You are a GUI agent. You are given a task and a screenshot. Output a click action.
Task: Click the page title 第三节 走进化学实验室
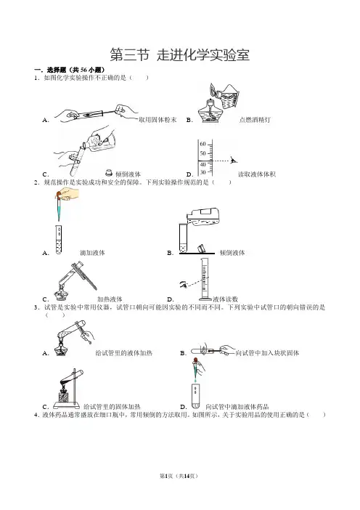point(180,54)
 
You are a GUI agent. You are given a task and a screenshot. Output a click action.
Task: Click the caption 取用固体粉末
point(157,120)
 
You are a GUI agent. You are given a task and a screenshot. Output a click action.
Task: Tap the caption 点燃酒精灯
point(255,120)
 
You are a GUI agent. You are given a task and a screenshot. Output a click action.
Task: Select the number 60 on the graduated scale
point(202,144)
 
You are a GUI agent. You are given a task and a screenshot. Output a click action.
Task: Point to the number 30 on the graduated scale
point(202,172)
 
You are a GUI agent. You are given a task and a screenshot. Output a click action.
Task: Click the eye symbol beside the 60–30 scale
point(233,160)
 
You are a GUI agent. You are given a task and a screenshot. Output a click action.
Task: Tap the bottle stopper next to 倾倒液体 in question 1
point(109,173)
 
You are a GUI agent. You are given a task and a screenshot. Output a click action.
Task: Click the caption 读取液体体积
point(257,174)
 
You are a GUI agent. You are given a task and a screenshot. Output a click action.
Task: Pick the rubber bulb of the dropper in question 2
point(59,195)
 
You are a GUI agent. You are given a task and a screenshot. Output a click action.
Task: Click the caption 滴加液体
point(92,253)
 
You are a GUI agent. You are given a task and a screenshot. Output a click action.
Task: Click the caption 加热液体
point(110,299)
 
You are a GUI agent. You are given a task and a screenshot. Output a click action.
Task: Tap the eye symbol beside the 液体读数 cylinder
point(184,285)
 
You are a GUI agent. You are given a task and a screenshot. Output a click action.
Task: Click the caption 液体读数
point(226,299)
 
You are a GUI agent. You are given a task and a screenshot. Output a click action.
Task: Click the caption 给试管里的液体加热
point(124,353)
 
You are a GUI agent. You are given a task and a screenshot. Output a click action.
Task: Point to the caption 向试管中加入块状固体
point(267,353)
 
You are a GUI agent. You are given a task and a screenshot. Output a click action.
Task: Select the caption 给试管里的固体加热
point(112,407)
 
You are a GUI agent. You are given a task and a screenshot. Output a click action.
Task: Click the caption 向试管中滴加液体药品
point(237,407)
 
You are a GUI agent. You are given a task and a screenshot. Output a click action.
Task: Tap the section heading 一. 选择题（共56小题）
point(70,70)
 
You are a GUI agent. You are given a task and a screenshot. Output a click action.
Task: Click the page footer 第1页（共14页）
point(179,476)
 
